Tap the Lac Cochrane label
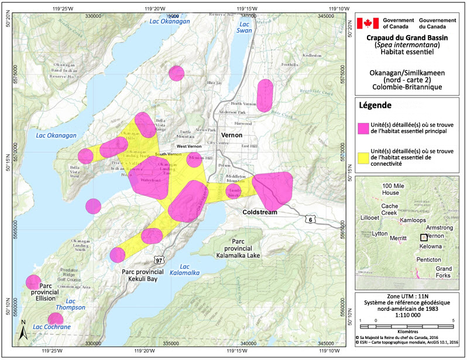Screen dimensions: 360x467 [51, 326]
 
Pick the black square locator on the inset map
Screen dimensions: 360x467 [423, 237]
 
